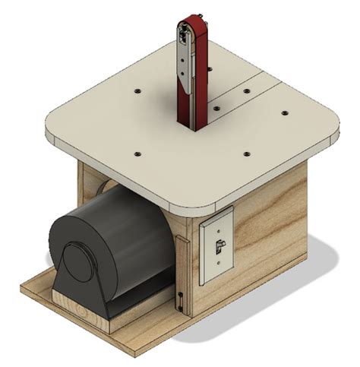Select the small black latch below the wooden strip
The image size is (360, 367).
point(182,300)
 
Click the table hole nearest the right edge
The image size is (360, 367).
point(285,114)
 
